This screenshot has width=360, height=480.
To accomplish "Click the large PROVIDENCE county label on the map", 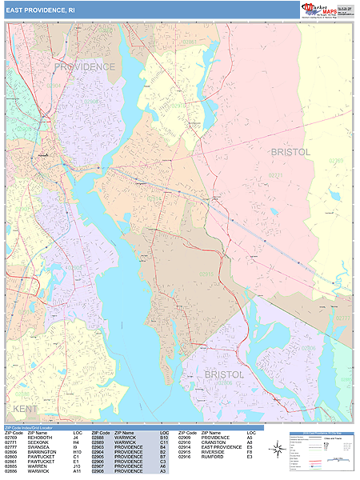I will [x=85, y=66].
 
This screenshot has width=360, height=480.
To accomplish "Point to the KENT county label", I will [x=26, y=409].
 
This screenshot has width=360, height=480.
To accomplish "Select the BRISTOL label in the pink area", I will [x=290, y=151].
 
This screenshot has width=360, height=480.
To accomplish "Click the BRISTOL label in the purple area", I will [x=225, y=374].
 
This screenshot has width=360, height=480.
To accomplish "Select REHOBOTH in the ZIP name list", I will [x=41, y=438].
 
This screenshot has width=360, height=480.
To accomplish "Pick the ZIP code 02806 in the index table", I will [x=11, y=452].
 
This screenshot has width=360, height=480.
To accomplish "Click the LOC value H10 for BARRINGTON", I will [x=78, y=452].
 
